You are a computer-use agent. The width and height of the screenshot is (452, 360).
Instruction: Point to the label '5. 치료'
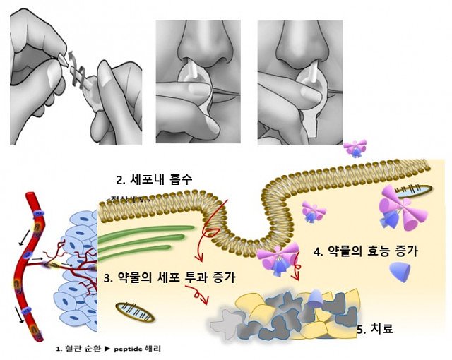374,328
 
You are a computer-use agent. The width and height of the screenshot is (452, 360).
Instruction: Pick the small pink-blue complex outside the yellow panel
355,148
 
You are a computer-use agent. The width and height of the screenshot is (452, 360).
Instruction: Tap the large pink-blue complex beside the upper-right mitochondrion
392,210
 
